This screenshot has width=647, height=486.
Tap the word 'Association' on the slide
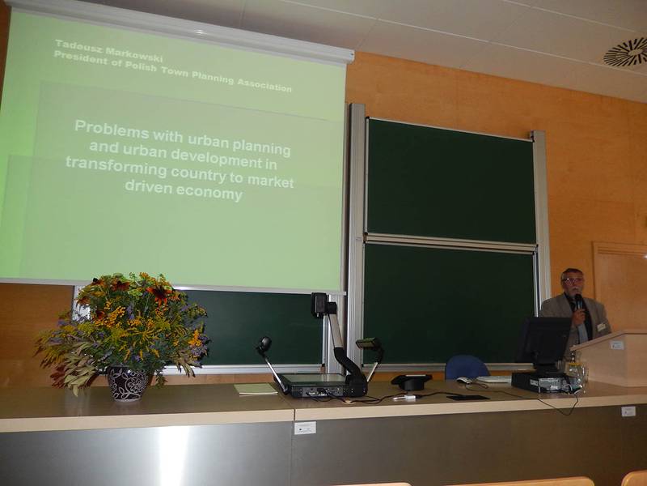coord(264,84)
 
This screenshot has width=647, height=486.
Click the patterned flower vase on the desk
coord(129,383)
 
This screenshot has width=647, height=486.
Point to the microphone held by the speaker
coord(579,301)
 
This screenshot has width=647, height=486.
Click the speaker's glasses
coord(573,280)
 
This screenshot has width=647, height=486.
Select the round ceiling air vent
coord(625,52)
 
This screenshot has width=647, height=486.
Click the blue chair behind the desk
coord(467,368)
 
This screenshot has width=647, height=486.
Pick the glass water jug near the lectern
coord(577,374)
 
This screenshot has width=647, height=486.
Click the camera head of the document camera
coord(319,305)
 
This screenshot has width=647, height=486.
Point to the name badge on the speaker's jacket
coord(602,327)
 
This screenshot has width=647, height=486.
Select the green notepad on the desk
coord(256,389)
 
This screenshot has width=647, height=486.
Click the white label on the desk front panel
coord(305,428)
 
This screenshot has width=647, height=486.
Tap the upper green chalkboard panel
coord(450,181)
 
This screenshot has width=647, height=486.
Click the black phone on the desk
coord(411,381)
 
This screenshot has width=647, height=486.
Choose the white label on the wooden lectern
coord(617,345)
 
